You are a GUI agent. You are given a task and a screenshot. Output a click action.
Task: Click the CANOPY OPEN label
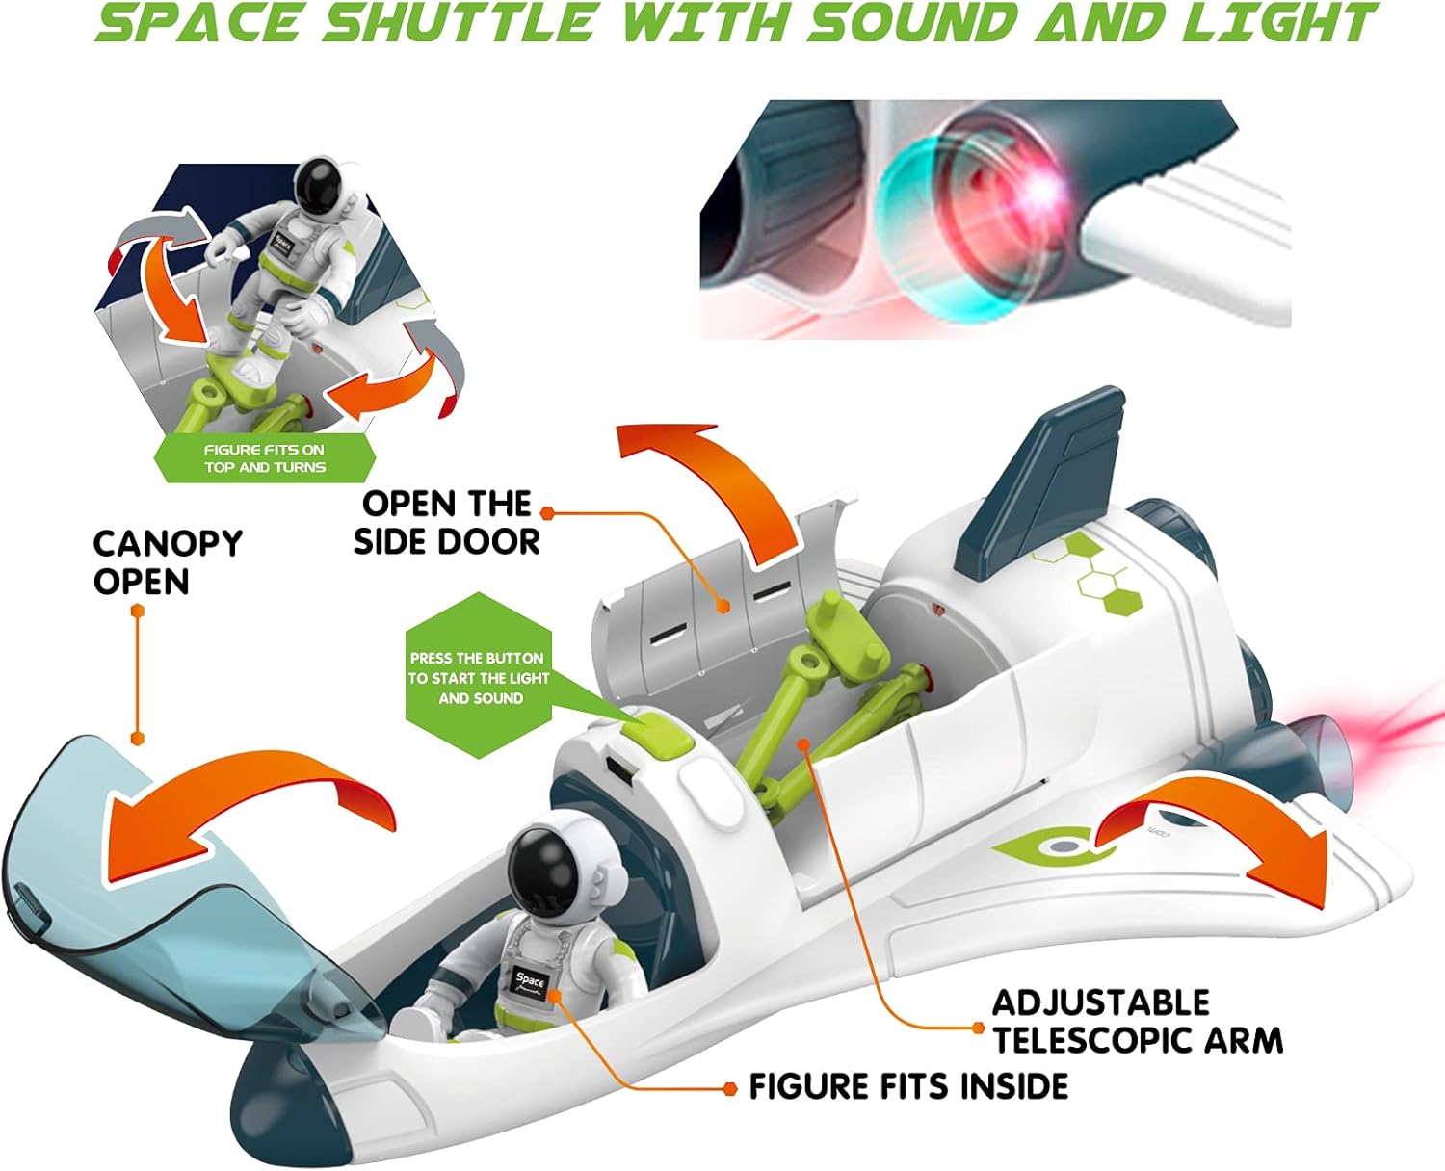click(167, 562)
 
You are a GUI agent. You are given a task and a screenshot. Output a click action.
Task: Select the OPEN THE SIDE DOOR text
click(447, 523)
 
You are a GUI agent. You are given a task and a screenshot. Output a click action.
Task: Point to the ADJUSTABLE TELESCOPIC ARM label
click(1137, 1022)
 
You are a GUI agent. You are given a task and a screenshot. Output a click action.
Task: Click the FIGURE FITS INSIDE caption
click(908, 1086)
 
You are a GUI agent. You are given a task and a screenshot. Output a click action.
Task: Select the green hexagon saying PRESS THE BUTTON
click(479, 678)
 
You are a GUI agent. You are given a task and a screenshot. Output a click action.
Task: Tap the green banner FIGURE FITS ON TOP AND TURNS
click(265, 458)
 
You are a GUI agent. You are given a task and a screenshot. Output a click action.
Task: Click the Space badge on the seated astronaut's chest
click(531, 983)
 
